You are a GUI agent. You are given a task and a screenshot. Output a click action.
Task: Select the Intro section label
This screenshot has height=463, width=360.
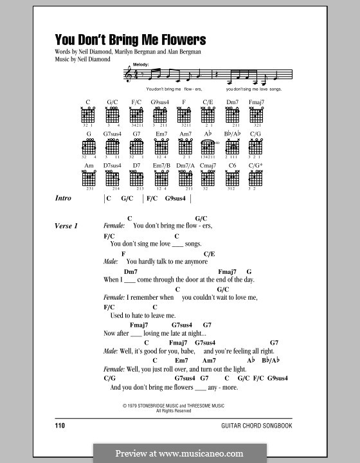pos(67,199)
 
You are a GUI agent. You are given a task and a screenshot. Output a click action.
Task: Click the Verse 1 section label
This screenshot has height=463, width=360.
pos(71,226)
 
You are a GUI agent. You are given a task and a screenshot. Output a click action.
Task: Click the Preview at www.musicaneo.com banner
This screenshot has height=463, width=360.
pos(180,452)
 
